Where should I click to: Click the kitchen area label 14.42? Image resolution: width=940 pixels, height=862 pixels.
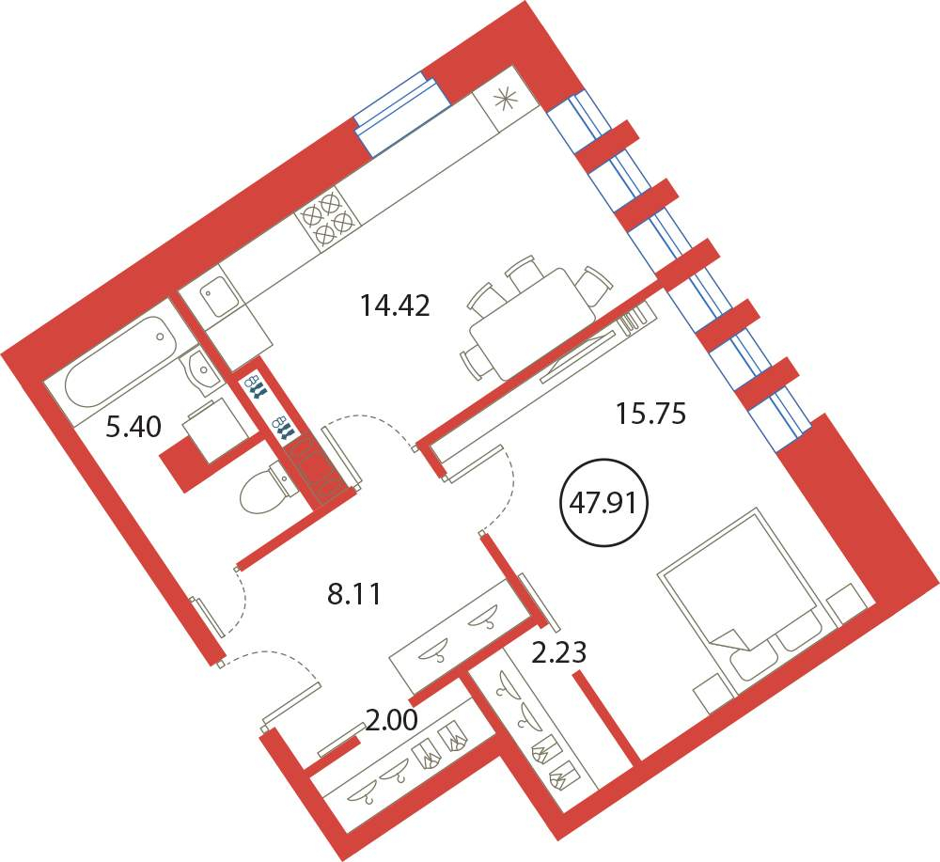[395, 306]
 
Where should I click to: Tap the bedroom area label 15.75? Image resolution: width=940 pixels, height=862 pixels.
[651, 414]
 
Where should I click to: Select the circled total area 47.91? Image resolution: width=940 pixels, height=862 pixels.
[603, 502]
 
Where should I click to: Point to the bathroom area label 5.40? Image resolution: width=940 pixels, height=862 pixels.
[133, 428]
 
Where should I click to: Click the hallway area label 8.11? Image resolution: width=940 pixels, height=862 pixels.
[354, 595]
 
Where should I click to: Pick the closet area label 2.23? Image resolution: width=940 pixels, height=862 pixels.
[559, 652]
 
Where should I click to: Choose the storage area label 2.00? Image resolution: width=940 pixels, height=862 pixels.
[392, 719]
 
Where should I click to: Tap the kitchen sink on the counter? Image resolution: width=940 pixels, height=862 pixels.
[220, 292]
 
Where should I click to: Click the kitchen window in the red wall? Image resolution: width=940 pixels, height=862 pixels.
[401, 112]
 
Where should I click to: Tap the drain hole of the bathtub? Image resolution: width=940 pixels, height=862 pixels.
[160, 337]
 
